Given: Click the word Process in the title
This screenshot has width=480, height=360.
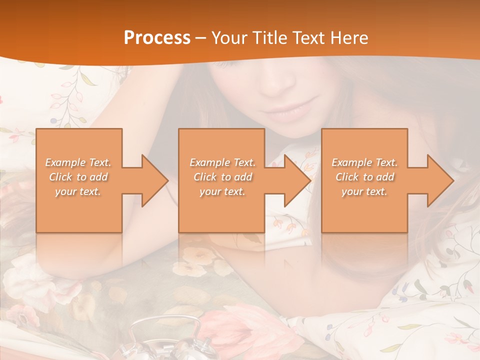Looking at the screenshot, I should (157, 38).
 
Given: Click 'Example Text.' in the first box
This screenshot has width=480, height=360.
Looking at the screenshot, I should (78, 162).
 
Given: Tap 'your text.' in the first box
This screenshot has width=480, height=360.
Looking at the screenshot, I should (78, 191).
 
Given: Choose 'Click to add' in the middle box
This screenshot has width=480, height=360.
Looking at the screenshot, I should (222, 177).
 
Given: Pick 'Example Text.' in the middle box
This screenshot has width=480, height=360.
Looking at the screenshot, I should (222, 162).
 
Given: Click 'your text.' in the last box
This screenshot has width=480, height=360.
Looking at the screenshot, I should (364, 191).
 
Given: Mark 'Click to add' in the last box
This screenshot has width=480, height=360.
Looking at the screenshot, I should (364, 177).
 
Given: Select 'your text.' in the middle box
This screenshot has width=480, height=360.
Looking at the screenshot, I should (222, 191).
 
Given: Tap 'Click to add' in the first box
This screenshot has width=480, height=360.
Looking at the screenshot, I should (78, 177).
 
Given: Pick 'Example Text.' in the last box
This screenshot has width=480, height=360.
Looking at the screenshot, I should (364, 162).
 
